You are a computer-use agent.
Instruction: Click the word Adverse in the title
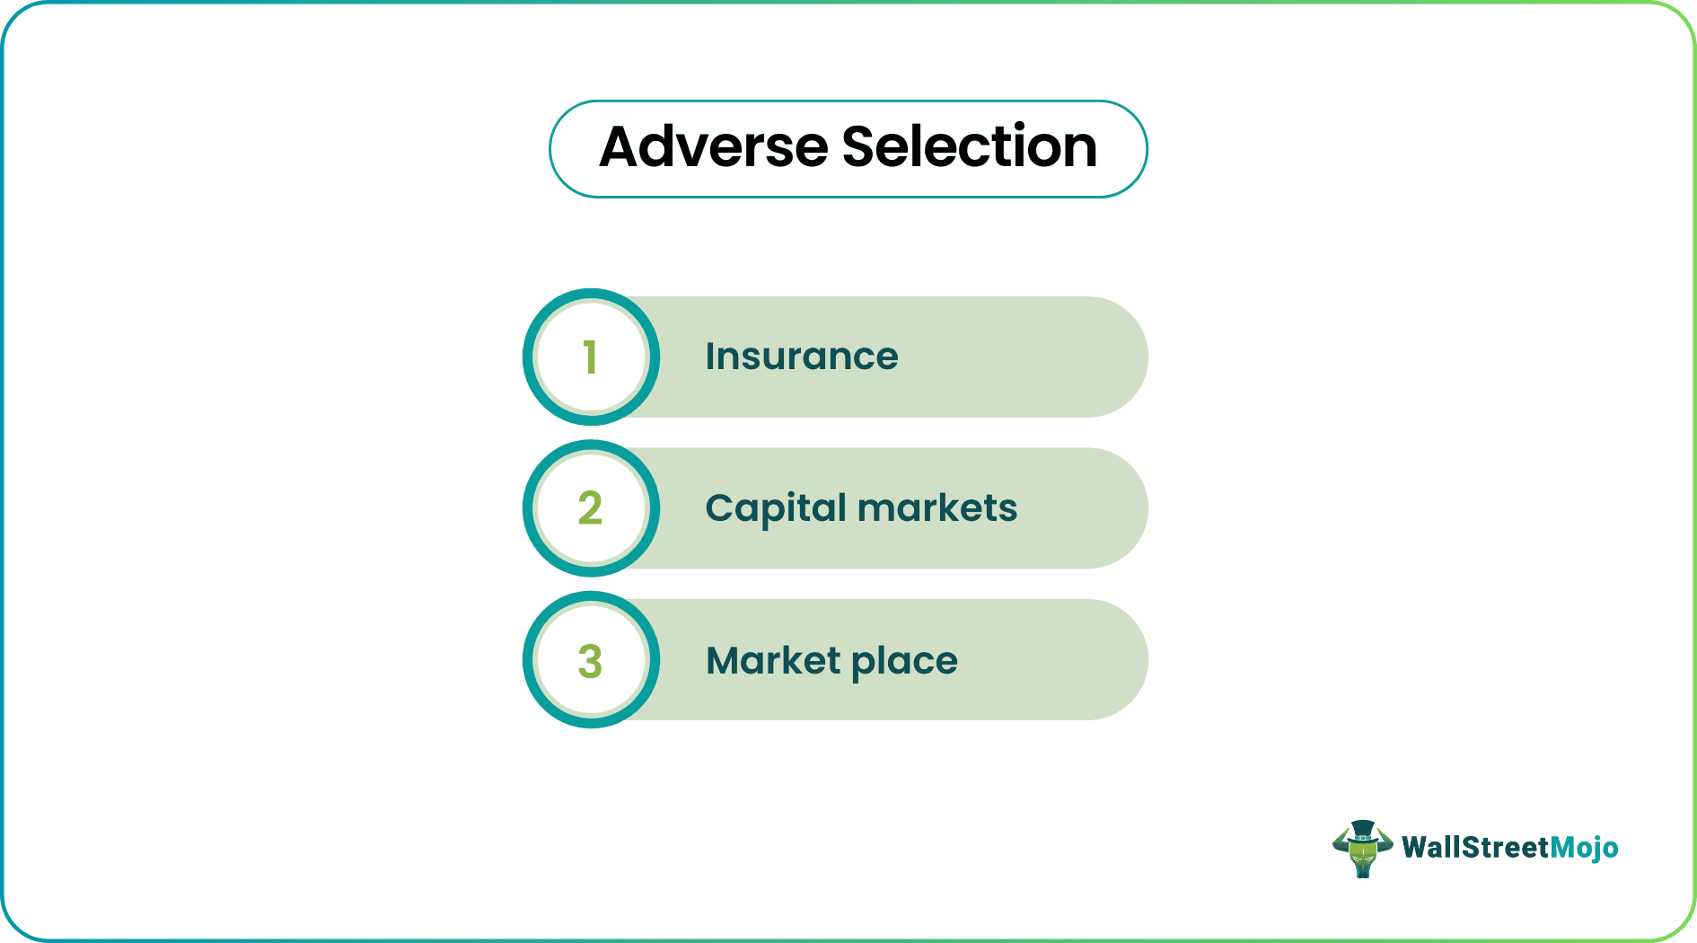(713, 147)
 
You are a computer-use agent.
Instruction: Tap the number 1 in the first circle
(590, 357)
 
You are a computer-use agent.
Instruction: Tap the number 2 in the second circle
(590, 508)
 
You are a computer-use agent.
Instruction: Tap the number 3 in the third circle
(590, 661)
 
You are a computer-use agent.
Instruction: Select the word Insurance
(801, 357)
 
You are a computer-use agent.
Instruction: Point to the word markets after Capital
(937, 508)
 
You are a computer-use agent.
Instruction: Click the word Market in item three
(773, 660)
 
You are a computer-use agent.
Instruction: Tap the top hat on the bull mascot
(1362, 828)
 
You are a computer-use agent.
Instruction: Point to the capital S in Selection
(860, 147)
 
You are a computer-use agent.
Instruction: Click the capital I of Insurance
(709, 357)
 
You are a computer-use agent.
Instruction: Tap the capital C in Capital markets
(720, 508)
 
